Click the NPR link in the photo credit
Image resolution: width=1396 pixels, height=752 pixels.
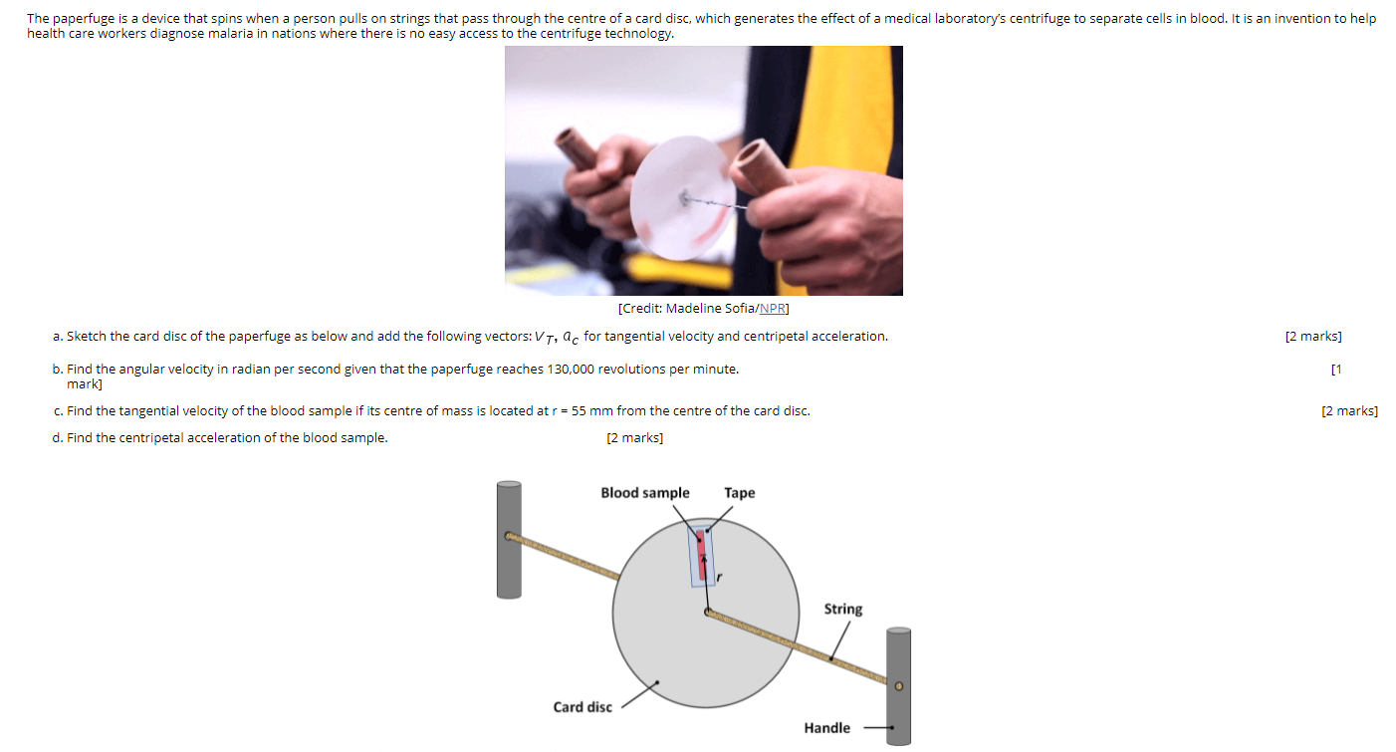point(773,309)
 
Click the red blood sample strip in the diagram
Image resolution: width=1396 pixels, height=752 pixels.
point(701,553)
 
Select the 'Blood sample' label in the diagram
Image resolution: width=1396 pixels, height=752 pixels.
point(644,493)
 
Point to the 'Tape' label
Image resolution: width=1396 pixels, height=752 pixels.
point(739,493)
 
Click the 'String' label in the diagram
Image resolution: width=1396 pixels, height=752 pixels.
point(842,609)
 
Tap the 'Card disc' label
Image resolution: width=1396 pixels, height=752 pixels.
point(582,707)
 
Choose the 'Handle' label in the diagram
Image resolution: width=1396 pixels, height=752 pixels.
point(826,728)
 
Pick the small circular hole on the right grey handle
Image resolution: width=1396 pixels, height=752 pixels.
point(898,686)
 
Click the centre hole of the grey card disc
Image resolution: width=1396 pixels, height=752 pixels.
point(706,612)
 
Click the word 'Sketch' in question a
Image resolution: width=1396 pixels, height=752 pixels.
point(87,337)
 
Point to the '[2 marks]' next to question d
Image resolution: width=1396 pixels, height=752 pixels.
point(634,438)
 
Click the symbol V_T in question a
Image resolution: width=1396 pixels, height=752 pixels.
point(543,337)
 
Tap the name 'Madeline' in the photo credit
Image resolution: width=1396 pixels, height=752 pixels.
point(694,309)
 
